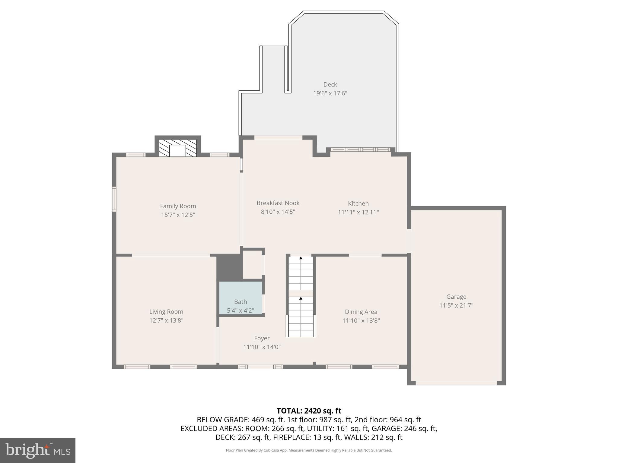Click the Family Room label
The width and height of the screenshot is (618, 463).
click(178, 206)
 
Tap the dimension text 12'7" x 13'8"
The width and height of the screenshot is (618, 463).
click(166, 320)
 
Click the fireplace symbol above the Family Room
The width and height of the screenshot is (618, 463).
click(177, 148)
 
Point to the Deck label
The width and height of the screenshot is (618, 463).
click(330, 85)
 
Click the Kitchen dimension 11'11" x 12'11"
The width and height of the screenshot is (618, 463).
click(358, 212)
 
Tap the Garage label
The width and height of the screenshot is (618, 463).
click(456, 297)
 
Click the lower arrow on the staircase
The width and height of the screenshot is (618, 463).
click(301, 299)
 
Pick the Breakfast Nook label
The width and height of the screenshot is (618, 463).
click(278, 203)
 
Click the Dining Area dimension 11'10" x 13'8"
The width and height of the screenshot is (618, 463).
click(361, 320)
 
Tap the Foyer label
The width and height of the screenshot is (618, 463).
click(262, 338)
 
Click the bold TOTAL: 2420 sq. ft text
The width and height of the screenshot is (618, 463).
click(309, 411)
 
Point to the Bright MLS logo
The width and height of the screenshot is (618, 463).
click(38, 450)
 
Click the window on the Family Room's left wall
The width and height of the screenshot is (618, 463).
click(114, 199)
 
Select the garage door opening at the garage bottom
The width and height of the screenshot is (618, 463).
click(456, 383)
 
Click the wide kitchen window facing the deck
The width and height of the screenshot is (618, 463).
click(361, 150)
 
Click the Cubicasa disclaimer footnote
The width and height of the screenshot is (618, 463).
click(309, 450)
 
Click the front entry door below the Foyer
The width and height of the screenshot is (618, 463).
click(261, 367)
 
